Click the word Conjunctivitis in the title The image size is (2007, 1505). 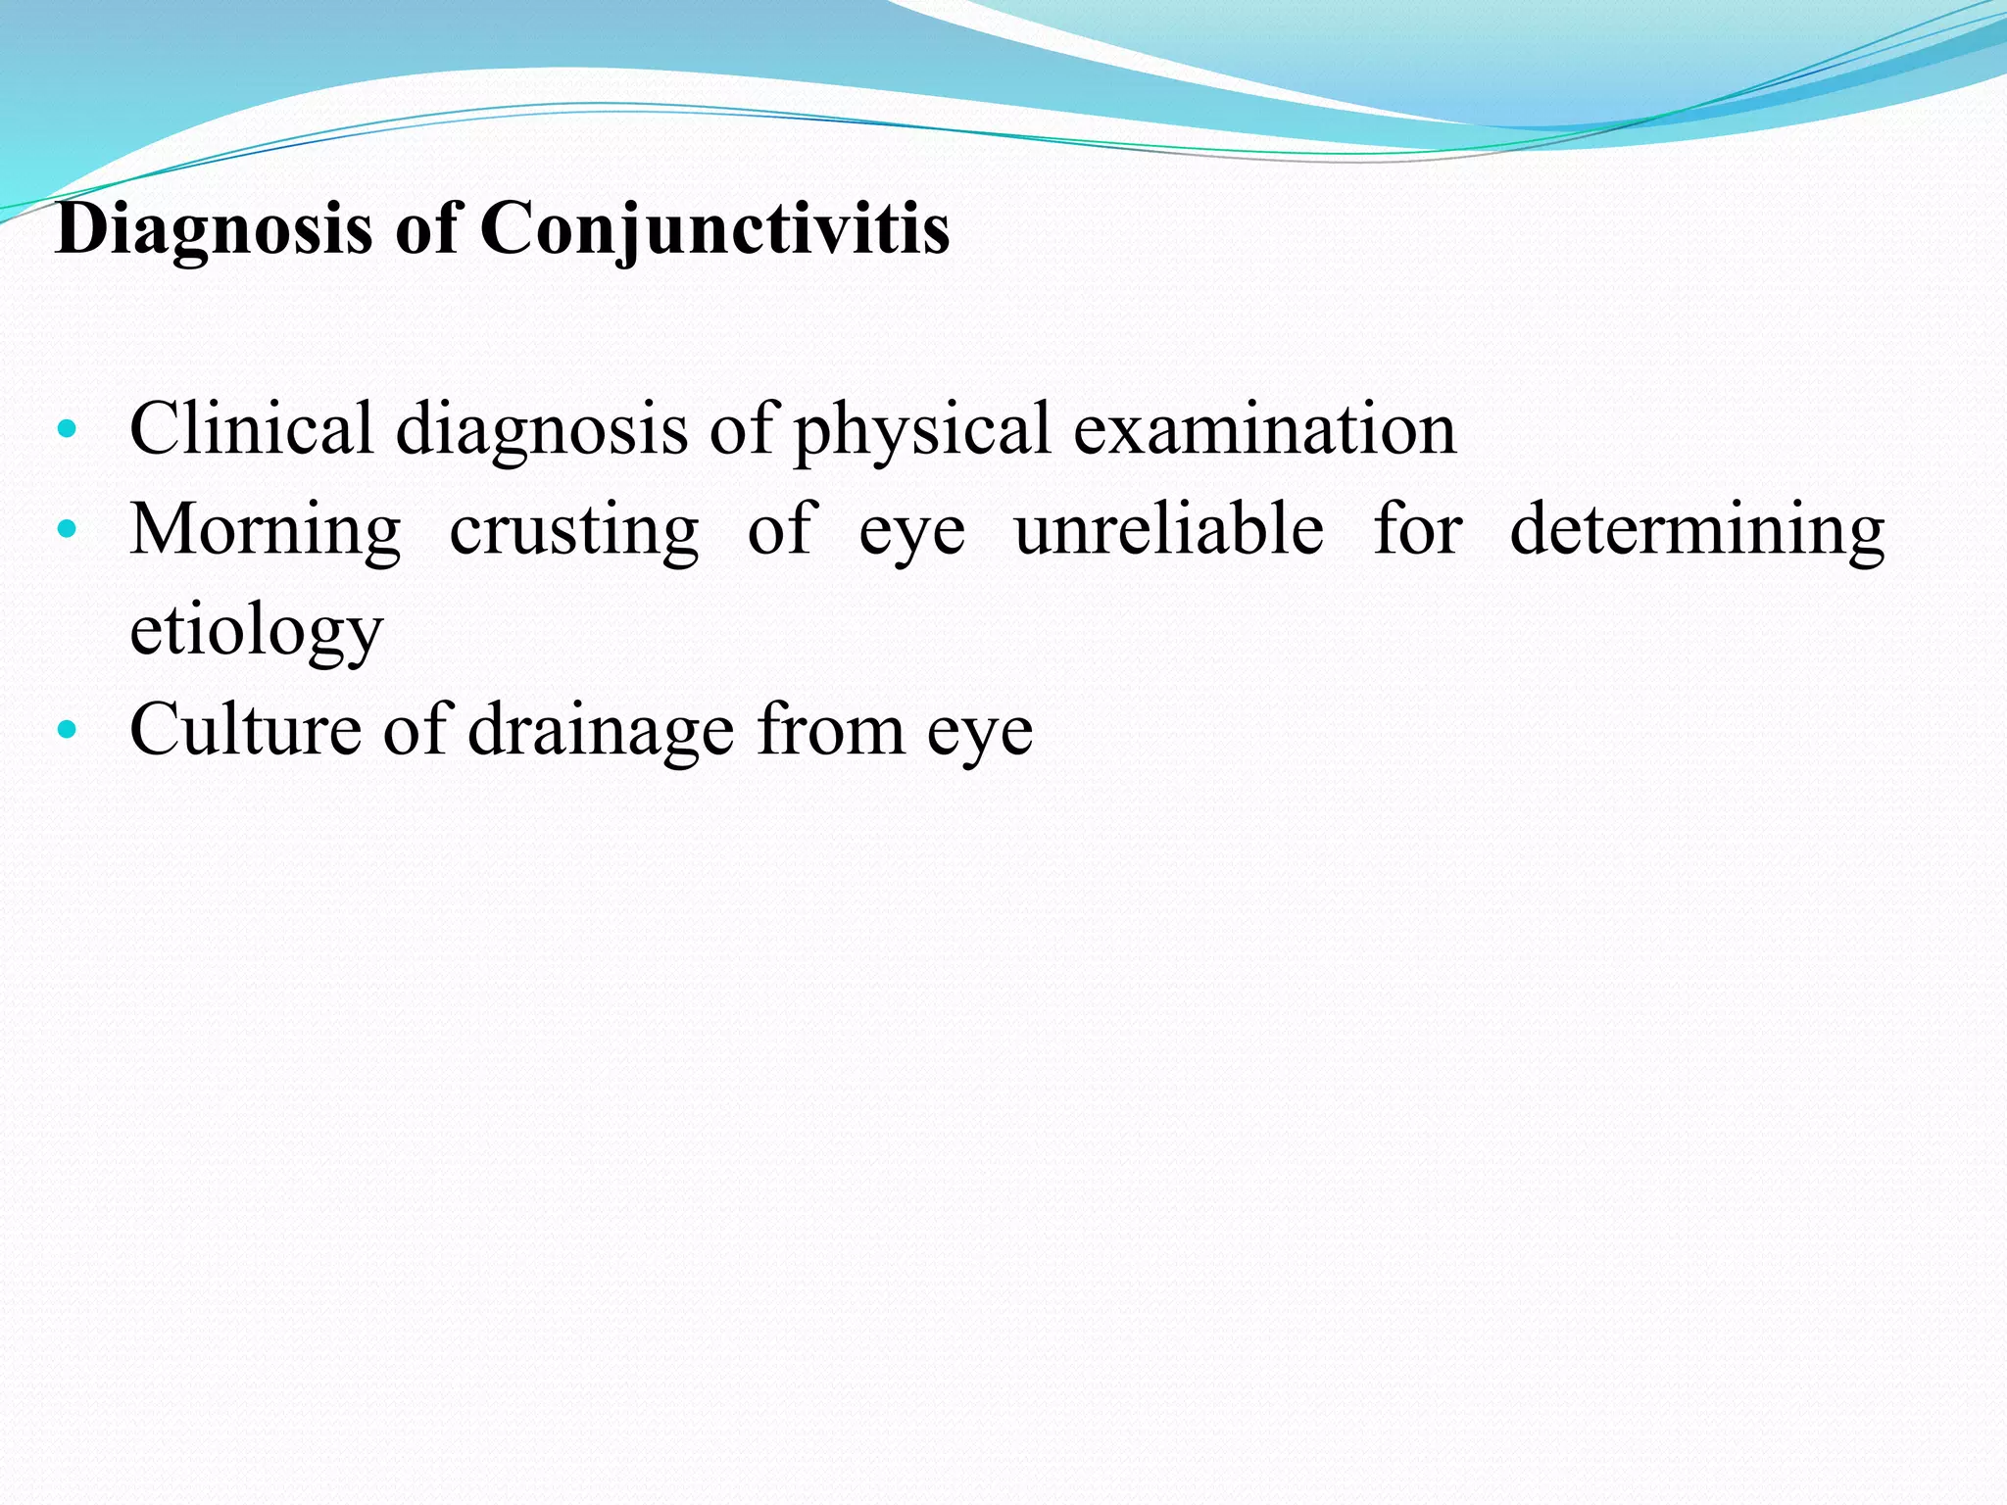pos(714,229)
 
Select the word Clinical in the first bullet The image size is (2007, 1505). pos(251,428)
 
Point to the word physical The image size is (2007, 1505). pos(921,428)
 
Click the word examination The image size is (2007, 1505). pos(1265,428)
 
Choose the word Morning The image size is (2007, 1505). pos(266,530)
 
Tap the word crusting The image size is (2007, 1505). pos(574,530)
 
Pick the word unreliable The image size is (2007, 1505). pos(1169,530)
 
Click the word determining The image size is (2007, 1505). pos(1697,530)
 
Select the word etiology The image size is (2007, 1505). pos(257,632)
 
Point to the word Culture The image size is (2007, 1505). pos(245,730)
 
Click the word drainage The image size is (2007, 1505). pos(601,730)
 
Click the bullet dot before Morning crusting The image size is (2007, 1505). pos(67,530)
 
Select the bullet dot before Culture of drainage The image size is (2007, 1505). pos(67,730)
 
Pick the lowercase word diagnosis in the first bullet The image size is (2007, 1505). pos(542,428)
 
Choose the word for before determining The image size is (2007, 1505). pos(1418,530)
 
